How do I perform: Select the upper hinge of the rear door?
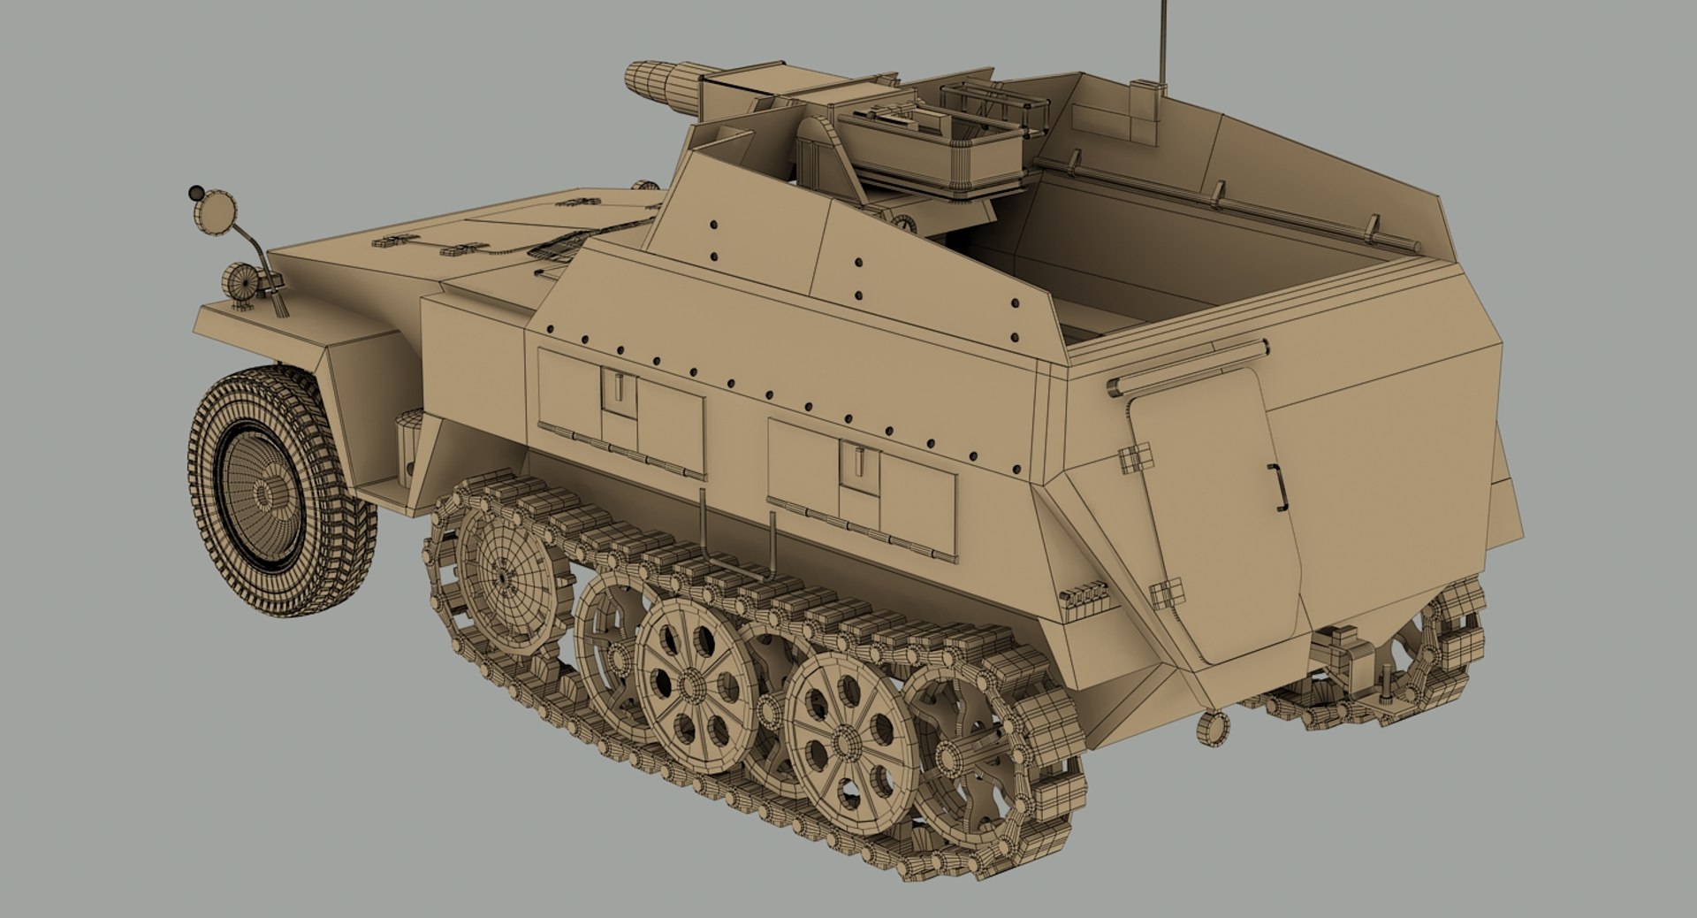tap(1136, 458)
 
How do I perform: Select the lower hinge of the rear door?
tap(1167, 593)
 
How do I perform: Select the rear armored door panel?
tap(1215, 522)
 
